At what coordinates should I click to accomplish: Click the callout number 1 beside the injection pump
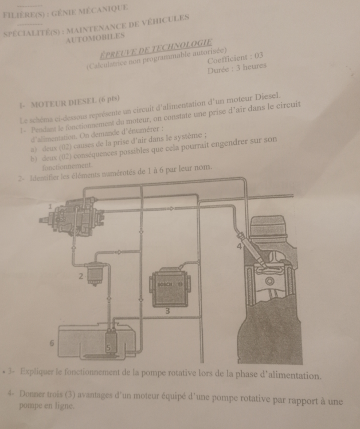coord(50,206)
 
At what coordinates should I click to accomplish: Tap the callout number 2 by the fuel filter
coord(81,276)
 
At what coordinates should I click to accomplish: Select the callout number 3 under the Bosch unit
coord(167,311)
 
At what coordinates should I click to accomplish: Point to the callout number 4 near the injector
coord(239,246)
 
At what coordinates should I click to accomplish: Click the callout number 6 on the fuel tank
coord(52,343)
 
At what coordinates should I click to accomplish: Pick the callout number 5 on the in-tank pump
coord(108,348)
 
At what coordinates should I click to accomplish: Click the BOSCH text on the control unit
coord(165,284)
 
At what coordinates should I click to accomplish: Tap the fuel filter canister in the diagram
coord(95,274)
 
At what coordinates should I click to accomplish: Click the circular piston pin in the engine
coord(271,281)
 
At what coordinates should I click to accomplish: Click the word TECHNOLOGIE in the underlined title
coord(182,46)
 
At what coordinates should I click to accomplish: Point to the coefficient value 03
coord(259,56)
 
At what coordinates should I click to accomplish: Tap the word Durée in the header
coord(219,70)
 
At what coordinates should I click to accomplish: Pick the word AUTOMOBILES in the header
coord(95,38)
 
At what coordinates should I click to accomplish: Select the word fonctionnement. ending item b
coord(67,166)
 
